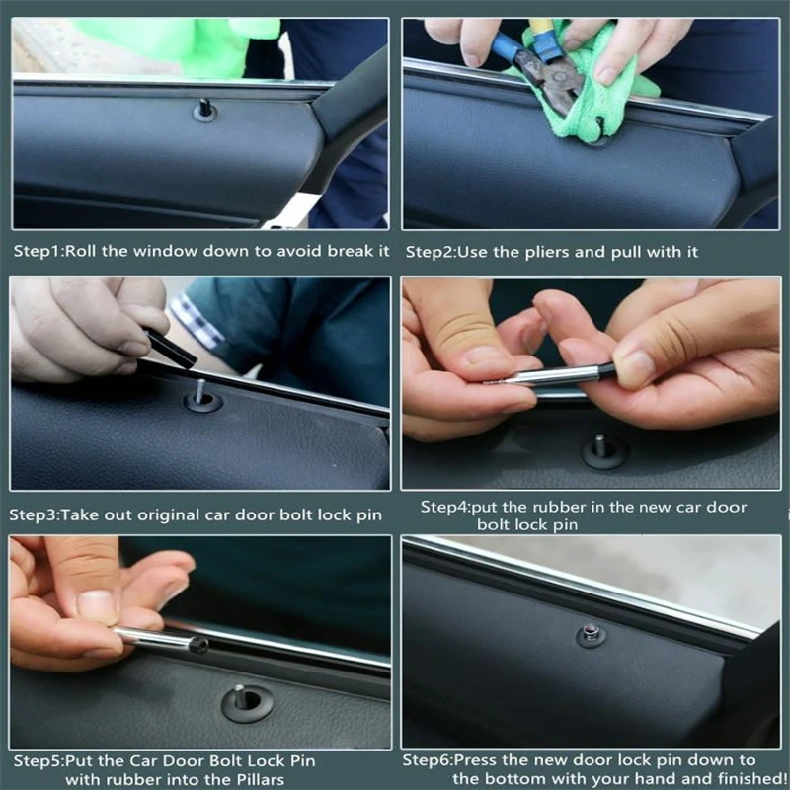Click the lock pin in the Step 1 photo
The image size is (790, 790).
204,108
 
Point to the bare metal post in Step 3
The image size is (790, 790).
201,391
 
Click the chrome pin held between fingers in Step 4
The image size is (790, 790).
553,376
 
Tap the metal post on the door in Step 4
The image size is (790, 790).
600,446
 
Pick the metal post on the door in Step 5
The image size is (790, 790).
239,696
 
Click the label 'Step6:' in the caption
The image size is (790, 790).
428,760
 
